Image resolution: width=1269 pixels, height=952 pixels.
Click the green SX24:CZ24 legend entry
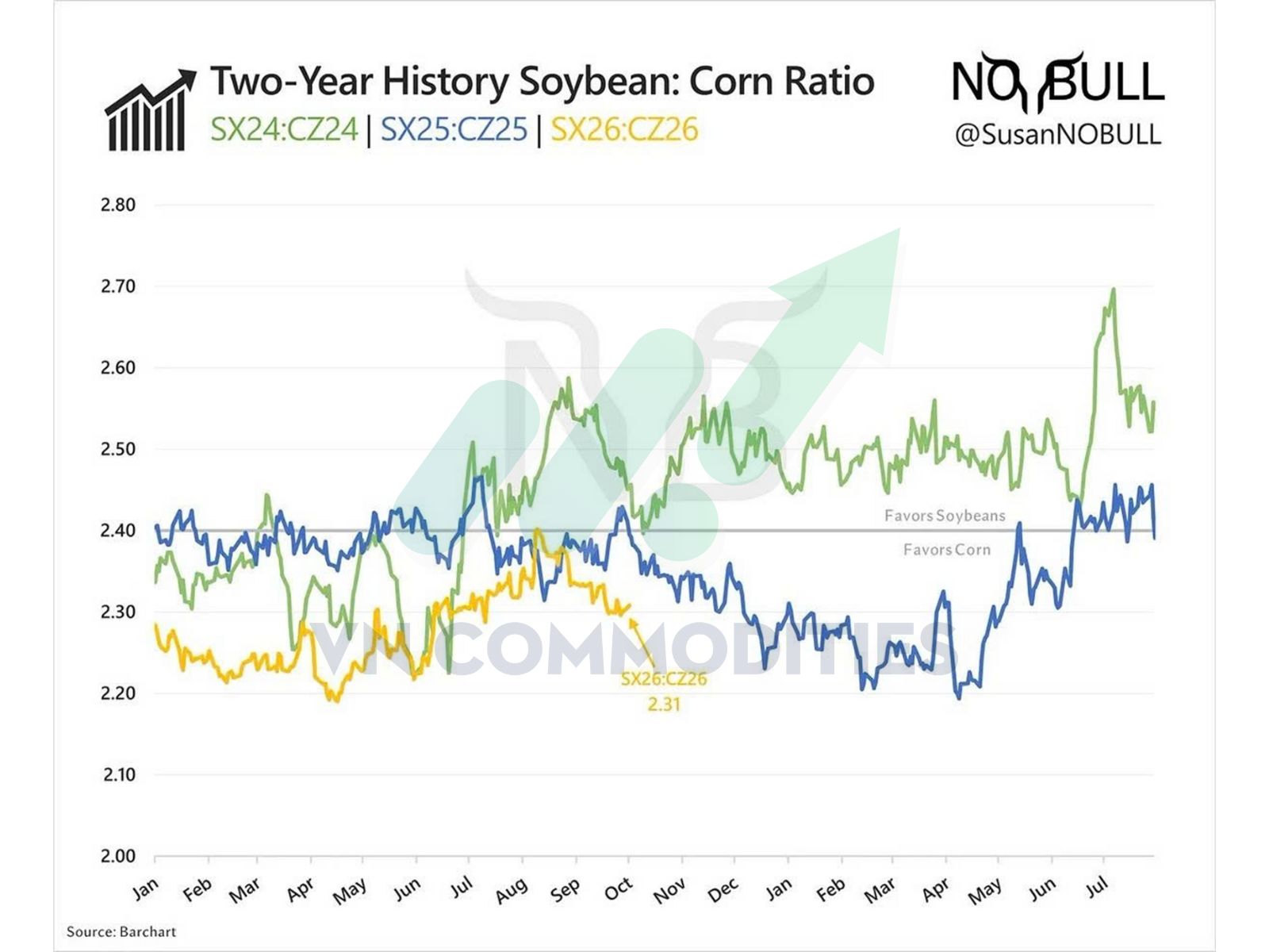[x=284, y=129]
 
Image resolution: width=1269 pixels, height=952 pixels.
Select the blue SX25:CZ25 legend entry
[x=454, y=129]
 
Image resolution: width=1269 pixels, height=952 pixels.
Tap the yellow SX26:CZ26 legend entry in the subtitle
[x=625, y=129]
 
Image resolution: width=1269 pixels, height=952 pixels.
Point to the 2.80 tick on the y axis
[x=118, y=205]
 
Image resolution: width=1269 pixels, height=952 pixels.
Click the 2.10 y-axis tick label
[x=118, y=774]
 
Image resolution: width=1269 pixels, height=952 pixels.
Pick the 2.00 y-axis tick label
[x=118, y=856]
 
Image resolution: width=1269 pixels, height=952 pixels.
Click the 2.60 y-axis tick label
[x=118, y=367]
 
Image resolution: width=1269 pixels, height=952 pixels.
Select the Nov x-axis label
[x=669, y=890]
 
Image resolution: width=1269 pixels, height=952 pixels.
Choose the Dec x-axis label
[x=723, y=890]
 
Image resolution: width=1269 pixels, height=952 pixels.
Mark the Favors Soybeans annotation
[x=945, y=516]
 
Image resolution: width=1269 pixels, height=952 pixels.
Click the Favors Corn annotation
[x=947, y=549]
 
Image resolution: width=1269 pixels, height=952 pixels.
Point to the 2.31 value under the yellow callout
[x=664, y=704]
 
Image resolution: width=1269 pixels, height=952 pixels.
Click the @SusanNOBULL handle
[x=1058, y=134]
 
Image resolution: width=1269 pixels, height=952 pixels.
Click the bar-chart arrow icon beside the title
[x=151, y=109]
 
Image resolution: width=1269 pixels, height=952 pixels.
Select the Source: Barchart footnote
[x=121, y=931]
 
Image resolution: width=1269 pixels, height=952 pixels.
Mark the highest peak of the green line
[x=1114, y=290]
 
